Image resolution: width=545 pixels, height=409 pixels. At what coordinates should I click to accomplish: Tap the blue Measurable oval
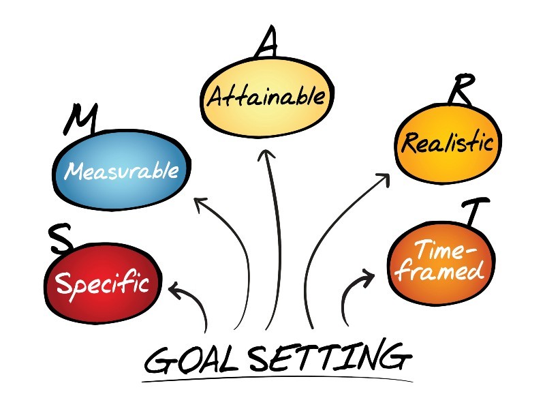tap(121, 169)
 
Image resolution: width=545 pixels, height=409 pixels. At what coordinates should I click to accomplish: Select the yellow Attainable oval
tap(265, 96)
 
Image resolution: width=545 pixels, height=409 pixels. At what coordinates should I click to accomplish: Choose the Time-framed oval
tap(439, 261)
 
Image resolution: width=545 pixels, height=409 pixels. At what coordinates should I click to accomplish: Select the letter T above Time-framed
tap(471, 211)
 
